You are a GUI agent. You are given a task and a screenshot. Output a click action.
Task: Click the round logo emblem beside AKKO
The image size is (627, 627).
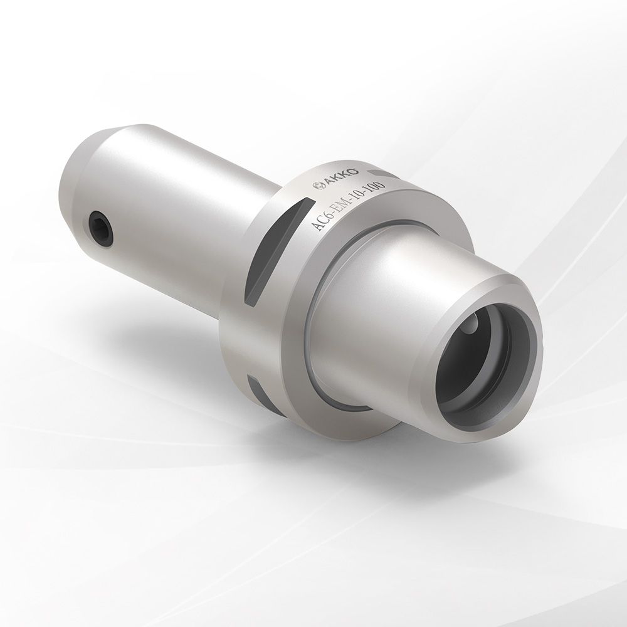[x=320, y=186]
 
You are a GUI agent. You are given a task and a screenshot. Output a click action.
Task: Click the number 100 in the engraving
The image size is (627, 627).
[x=375, y=188]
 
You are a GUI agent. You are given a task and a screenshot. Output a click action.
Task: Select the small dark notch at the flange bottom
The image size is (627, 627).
[x=257, y=391]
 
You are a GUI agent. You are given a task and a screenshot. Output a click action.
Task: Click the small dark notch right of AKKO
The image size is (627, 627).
[x=382, y=174]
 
